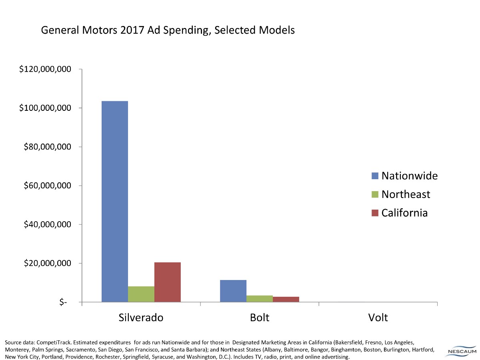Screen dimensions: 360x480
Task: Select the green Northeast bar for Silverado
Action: [141, 294]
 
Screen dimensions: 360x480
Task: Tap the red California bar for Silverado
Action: [167, 282]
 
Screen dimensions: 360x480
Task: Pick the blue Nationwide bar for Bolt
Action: [233, 291]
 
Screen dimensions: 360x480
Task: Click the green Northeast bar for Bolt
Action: [260, 298]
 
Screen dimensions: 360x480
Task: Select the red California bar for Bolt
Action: [286, 299]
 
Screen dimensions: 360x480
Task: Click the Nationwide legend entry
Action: [404, 176]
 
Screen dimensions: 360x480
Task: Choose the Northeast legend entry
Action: [400, 194]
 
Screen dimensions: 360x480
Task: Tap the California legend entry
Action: [399, 213]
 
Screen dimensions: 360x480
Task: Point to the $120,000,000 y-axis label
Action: [45, 70]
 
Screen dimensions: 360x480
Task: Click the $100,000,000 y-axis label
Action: [45, 108]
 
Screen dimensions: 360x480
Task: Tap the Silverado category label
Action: [141, 318]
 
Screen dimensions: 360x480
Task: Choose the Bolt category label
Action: [260, 318]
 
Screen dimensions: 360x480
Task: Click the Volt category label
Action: [378, 318]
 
